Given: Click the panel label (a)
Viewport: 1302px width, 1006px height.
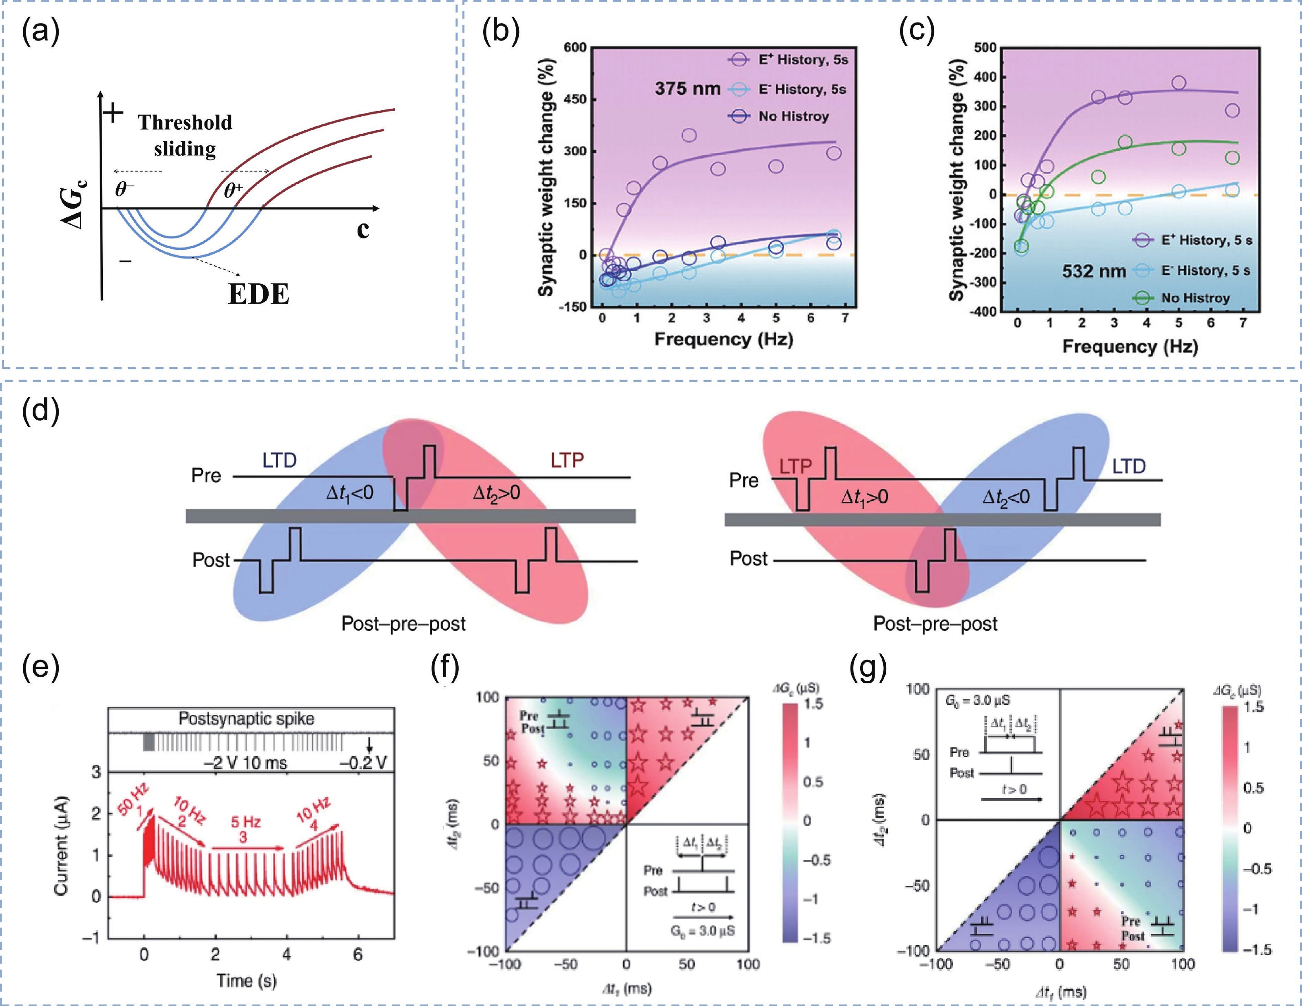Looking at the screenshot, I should click(41, 31).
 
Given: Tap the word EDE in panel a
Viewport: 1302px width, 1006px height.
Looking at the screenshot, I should click(258, 294).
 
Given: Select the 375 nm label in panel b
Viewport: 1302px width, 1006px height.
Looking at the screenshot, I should click(687, 89).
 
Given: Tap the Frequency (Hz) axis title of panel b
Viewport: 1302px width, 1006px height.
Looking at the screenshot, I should click(724, 339).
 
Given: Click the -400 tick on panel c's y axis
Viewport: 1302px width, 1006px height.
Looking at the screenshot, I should click(984, 311).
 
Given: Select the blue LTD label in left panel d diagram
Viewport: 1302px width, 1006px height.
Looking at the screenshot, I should click(279, 460).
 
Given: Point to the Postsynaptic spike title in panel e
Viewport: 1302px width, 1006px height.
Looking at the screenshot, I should click(246, 719).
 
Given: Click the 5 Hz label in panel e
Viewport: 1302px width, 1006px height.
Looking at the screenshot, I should click(246, 823).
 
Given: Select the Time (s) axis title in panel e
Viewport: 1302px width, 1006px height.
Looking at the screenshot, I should click(246, 980).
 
